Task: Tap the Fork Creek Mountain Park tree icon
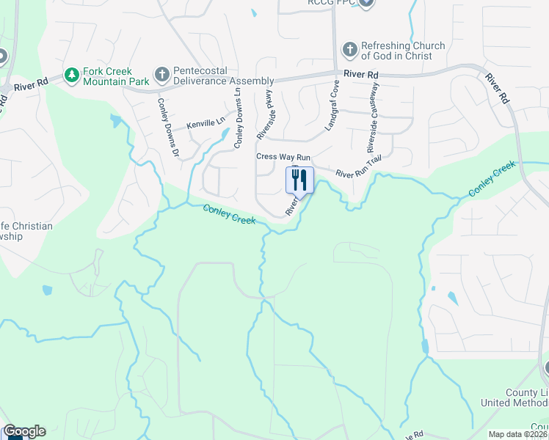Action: coord(71,75)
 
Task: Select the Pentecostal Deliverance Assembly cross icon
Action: coord(161,75)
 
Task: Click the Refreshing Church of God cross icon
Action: coord(349,51)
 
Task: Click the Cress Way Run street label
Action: coord(283,157)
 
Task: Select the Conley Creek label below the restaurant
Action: coord(230,214)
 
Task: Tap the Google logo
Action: coord(24,431)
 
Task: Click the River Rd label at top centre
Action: coord(363,75)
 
